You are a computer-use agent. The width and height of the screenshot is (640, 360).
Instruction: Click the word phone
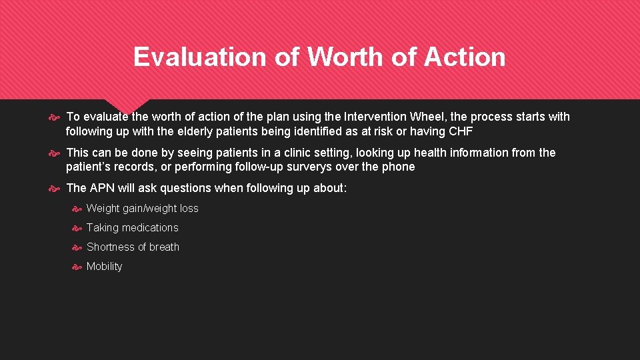click(399, 167)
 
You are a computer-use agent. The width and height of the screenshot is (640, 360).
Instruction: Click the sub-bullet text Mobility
click(105, 267)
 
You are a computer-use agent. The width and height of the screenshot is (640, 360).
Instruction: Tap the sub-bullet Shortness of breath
click(133, 247)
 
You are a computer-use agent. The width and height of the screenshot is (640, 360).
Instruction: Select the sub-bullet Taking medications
click(133, 228)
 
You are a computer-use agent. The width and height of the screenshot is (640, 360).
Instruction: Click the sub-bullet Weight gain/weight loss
click(143, 209)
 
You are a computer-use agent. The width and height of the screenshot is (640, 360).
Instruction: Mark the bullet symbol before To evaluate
click(56, 117)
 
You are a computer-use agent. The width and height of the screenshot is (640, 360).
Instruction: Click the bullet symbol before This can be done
click(56, 153)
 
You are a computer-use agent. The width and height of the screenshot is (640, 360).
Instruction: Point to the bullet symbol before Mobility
click(77, 267)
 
